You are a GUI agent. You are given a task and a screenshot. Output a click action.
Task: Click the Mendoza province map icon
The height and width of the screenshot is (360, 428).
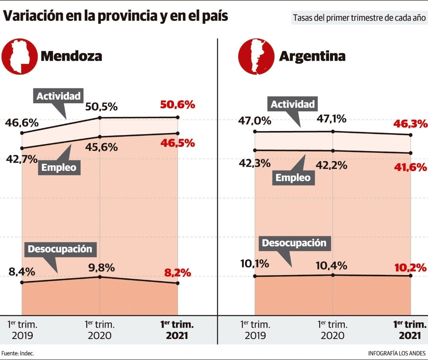click(19, 56)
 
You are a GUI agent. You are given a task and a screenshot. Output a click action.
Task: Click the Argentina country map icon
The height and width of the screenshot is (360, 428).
click(256, 56)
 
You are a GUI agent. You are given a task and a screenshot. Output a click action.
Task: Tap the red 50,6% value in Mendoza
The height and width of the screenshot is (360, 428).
click(177, 105)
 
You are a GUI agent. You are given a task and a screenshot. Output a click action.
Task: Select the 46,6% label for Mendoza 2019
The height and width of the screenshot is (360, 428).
click(22, 123)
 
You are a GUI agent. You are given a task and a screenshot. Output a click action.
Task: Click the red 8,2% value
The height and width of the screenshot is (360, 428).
click(177, 273)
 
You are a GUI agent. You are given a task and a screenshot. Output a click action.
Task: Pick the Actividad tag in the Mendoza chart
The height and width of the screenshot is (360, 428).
click(59, 96)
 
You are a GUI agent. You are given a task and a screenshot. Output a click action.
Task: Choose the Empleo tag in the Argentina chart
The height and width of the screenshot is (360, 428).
click(293, 177)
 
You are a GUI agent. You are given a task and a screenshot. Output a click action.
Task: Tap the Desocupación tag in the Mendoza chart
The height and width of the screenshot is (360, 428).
click(60, 249)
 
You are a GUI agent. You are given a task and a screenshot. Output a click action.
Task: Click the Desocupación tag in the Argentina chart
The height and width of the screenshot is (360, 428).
click(294, 243)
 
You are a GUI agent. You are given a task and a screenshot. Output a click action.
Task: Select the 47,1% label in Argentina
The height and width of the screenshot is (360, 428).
click(331, 119)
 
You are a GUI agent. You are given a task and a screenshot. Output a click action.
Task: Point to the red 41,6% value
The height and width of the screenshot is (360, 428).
click(410, 167)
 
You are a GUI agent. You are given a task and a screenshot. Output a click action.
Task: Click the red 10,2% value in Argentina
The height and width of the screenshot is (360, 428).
click(410, 268)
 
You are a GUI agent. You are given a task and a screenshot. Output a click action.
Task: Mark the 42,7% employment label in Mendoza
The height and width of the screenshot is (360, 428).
click(22, 159)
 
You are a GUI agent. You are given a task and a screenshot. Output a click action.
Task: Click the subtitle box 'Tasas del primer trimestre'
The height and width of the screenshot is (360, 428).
click(359, 18)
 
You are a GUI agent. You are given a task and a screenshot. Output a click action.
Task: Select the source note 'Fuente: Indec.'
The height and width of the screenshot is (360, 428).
click(18, 353)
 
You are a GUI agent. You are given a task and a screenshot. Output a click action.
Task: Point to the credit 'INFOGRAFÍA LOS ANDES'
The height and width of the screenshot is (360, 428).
click(397, 353)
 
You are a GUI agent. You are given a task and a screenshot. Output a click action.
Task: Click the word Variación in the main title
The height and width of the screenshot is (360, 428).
click(33, 16)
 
